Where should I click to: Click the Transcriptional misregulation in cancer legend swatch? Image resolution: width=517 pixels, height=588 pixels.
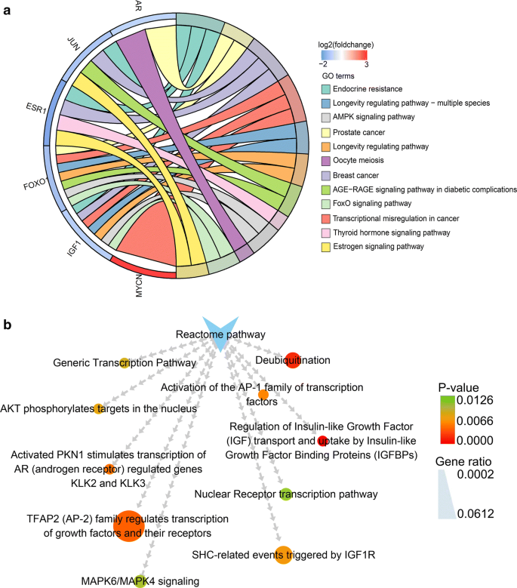point(324,218)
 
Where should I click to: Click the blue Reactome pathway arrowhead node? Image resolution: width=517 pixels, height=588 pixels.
point(222,335)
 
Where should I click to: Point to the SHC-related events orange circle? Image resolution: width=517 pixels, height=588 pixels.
point(282,555)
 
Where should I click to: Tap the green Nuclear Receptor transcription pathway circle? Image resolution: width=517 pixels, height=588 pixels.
point(285,494)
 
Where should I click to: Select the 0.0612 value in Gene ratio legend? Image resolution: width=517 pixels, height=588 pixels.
point(497,514)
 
